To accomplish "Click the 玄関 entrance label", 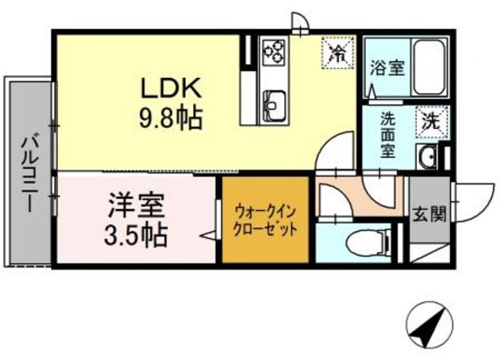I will pyautogui.click(x=428, y=212).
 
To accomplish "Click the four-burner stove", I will pyautogui.click(x=273, y=52).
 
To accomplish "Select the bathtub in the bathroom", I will pyautogui.click(x=428, y=68).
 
